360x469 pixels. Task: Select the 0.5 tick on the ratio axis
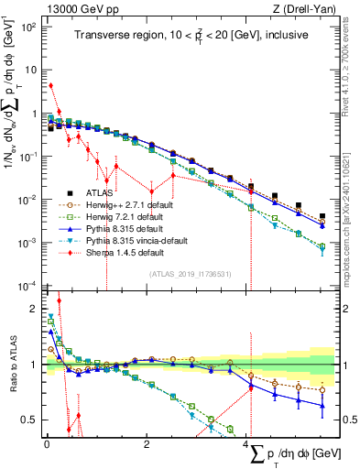click(x=30, y=420)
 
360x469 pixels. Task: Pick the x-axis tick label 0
click(x=47, y=444)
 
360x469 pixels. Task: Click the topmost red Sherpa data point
click(x=50, y=86)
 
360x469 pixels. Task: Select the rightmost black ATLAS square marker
click(x=322, y=217)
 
